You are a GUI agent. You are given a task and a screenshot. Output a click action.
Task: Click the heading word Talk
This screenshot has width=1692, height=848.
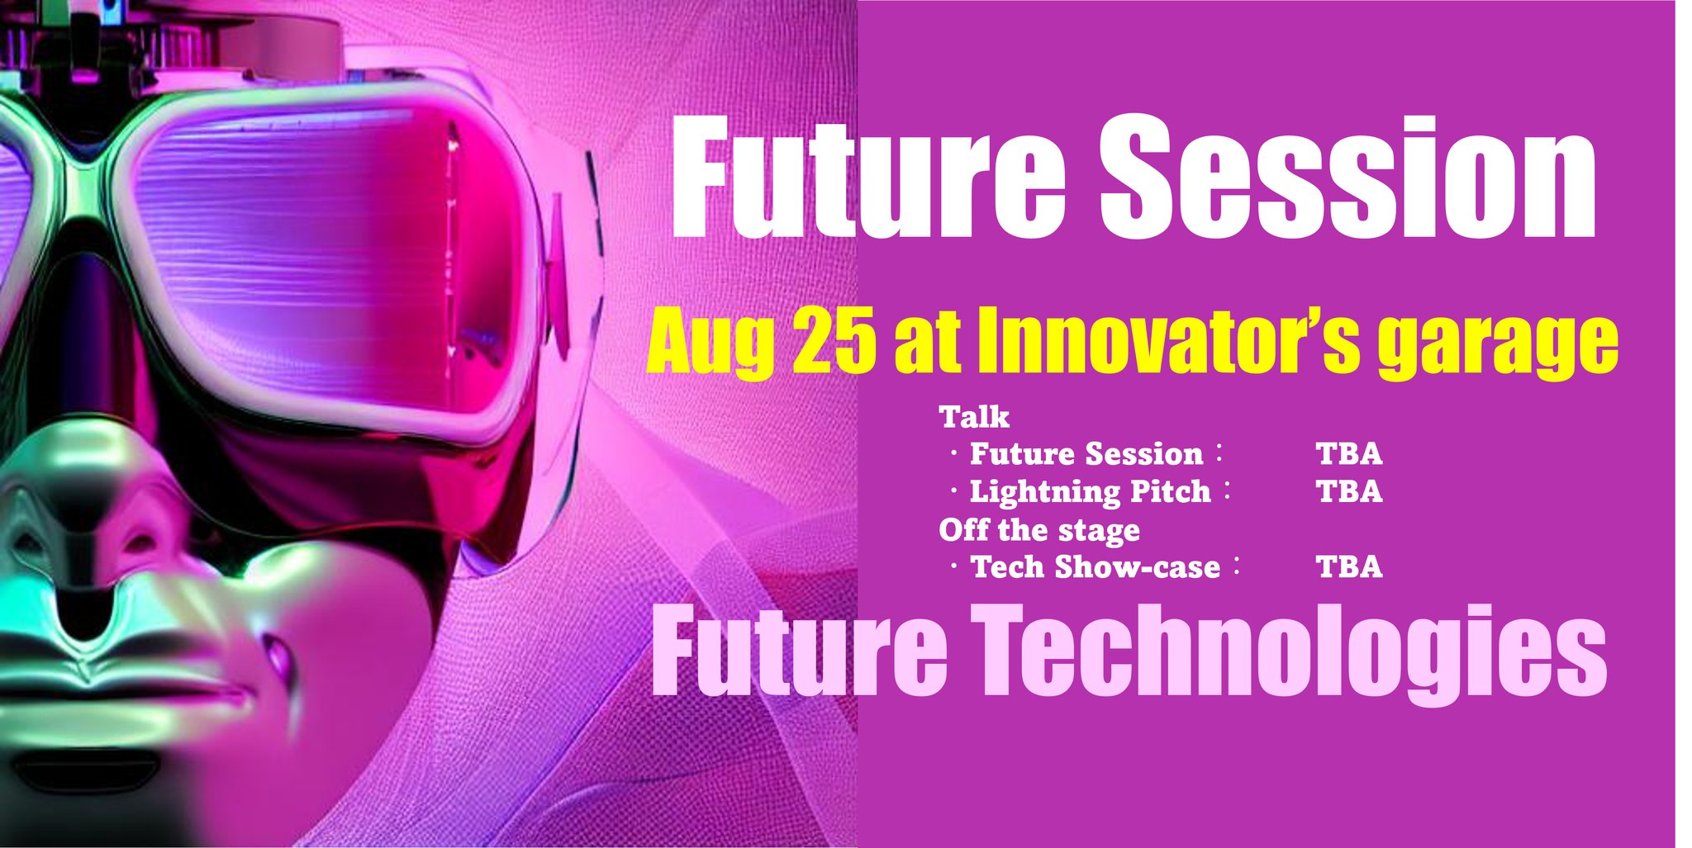point(974,417)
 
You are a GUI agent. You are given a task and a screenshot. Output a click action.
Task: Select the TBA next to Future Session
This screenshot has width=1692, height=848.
point(1348,453)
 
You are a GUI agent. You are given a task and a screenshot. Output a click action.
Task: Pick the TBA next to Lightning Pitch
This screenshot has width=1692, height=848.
point(1348,491)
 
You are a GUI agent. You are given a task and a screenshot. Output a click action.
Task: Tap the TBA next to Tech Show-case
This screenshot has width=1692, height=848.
point(1348,567)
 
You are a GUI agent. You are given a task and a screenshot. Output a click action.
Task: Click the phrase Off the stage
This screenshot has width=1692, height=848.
point(1038,530)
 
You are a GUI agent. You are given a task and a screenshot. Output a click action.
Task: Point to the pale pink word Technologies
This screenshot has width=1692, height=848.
point(1293,652)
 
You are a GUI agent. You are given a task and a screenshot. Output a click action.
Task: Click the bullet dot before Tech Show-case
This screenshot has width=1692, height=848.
point(954,567)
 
